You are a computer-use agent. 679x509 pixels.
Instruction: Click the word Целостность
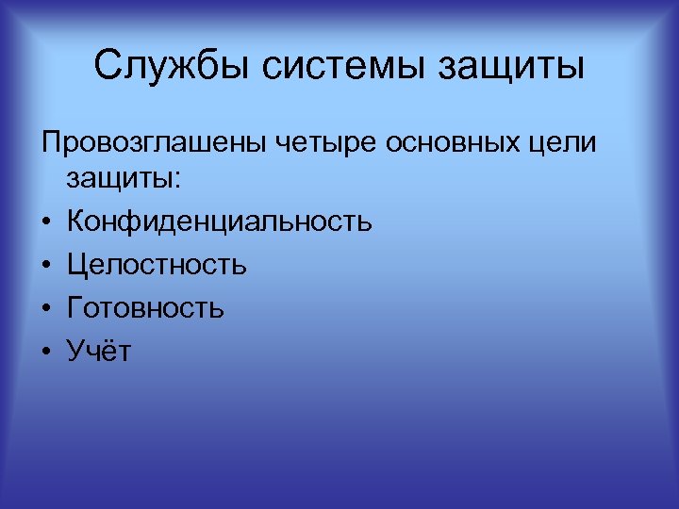click(157, 266)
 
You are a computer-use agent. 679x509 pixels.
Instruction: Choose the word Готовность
click(145, 308)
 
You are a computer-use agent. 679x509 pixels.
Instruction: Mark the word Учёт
click(100, 351)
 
